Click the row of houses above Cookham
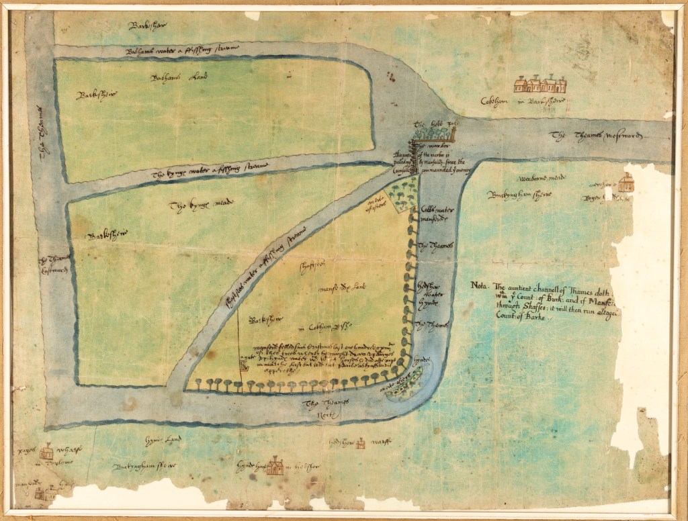540,85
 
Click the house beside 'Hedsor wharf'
361,443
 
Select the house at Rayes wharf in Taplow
47,451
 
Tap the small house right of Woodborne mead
626,182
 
